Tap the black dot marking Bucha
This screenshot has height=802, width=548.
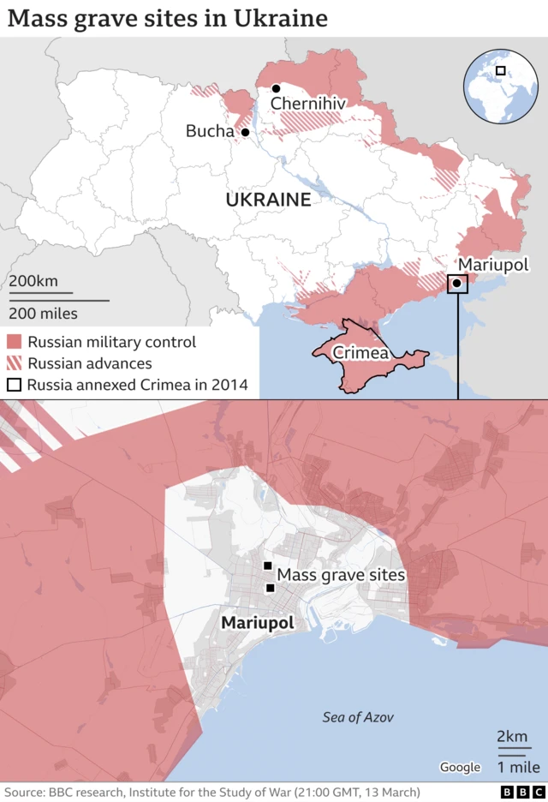pyautogui.click(x=245, y=132)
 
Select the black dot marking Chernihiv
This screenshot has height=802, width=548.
pyautogui.click(x=276, y=88)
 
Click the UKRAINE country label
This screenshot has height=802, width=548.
pyautogui.click(x=267, y=200)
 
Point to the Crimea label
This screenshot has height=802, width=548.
pyautogui.click(x=360, y=353)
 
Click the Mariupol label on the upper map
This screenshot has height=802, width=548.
pyautogui.click(x=492, y=265)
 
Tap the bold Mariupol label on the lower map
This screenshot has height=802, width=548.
pyautogui.click(x=257, y=623)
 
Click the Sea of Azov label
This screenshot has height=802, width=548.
pyautogui.click(x=358, y=717)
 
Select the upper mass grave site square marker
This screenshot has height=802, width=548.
pyautogui.click(x=267, y=566)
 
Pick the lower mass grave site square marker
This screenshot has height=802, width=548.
pyautogui.click(x=271, y=588)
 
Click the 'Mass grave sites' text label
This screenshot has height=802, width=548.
pyautogui.click(x=341, y=576)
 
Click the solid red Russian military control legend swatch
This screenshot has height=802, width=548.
pyautogui.click(x=15, y=342)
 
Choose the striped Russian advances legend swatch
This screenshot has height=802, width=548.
pyautogui.click(x=15, y=363)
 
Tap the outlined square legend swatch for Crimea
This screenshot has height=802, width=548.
pyautogui.click(x=15, y=385)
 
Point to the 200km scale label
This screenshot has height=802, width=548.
pyautogui.click(x=33, y=282)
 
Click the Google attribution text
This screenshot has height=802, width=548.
pyautogui.click(x=459, y=767)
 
